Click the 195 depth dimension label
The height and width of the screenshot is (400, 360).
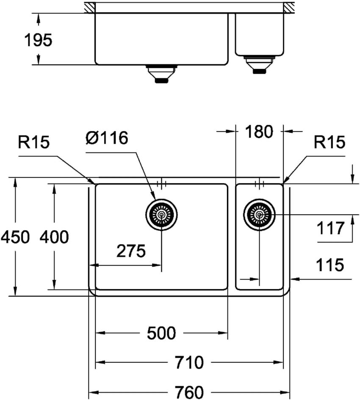[38, 40]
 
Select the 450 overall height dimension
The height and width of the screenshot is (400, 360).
[15, 237]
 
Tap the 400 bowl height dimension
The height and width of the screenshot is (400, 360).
[54, 237]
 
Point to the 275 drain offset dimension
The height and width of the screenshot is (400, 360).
[131, 251]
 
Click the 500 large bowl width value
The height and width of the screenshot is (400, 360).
[161, 334]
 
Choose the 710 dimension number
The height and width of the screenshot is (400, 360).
[189, 363]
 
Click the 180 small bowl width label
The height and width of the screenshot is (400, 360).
[258, 132]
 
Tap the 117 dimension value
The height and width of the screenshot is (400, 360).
[331, 229]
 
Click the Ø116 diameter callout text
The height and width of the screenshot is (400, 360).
[106, 138]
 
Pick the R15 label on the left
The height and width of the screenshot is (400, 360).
[34, 143]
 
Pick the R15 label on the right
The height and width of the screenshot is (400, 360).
[330, 143]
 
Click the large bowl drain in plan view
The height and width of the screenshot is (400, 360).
[161, 215]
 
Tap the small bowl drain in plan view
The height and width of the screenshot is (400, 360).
[259, 215]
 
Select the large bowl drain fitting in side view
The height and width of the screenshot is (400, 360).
[161, 74]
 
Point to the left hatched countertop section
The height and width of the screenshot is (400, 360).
[89, 7]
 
